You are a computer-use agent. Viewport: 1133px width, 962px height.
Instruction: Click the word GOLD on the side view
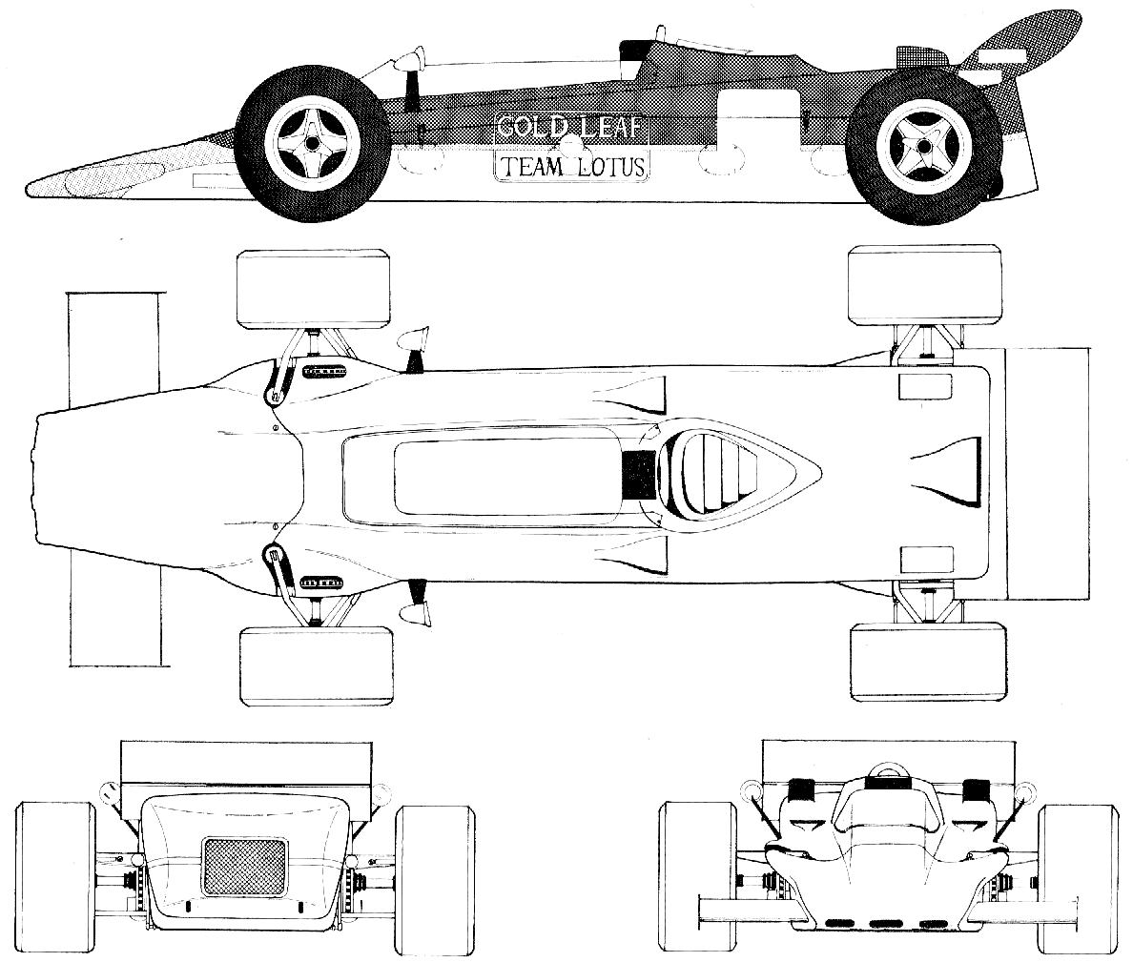click(531, 128)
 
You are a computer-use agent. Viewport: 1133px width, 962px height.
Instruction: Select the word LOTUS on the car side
click(611, 167)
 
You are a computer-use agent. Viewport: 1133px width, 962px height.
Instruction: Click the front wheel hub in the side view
click(312, 144)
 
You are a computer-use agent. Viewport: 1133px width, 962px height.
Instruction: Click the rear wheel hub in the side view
click(922, 146)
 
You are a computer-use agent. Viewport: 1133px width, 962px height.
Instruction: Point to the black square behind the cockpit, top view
click(636, 474)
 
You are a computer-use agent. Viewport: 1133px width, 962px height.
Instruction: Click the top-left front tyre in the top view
click(314, 290)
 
